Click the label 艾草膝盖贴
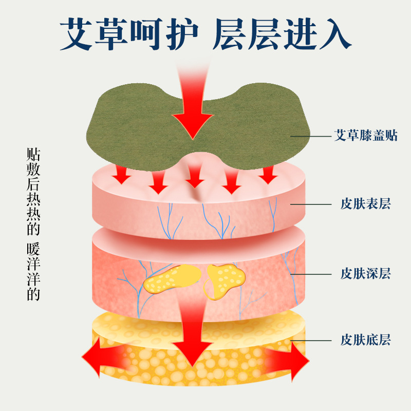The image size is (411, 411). click(365, 136)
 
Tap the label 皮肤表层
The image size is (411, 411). click(365, 204)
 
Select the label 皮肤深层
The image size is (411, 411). click(365, 273)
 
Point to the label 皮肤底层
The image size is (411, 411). click(365, 340)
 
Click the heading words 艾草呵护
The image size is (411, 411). click(129, 34)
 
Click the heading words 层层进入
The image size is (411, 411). click(282, 34)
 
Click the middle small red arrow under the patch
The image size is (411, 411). click(195, 177)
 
